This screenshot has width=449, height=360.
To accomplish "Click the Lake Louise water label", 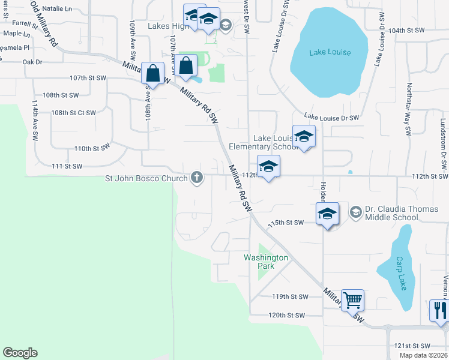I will tap(330, 52).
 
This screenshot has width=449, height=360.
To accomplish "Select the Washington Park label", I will tap(266, 262).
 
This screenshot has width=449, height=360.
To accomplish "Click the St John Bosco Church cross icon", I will tap(196, 177).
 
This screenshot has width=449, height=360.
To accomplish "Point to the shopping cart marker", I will tap(352, 299).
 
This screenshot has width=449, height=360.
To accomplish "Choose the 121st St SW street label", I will tap(412, 346).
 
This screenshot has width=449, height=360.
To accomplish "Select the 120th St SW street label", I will tap(287, 315).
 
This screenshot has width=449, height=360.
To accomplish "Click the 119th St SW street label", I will tap(290, 297).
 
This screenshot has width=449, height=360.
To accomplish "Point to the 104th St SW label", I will tap(406, 30).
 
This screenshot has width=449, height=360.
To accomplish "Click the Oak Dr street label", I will tap(32, 62).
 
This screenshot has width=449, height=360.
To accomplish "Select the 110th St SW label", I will tap(92, 148).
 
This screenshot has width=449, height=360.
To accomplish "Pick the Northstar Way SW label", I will tap(408, 108).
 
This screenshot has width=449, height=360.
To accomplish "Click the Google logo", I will tap(20, 353).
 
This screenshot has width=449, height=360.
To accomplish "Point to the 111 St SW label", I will tap(67, 166).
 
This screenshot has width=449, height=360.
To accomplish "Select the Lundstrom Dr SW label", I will tap(444, 139).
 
